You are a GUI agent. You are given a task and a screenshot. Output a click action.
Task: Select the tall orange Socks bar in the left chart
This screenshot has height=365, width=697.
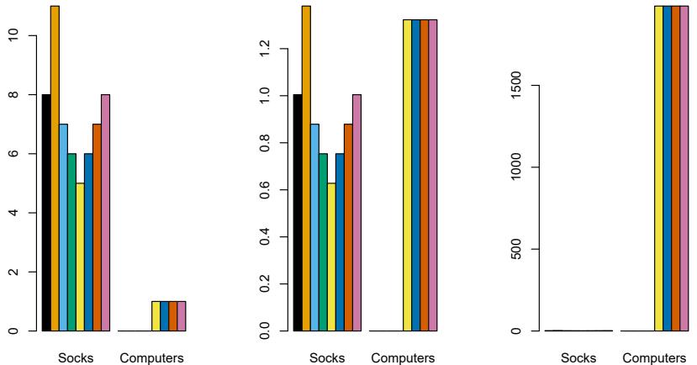55,168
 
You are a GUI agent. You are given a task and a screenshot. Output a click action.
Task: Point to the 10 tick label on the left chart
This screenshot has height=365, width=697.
11,36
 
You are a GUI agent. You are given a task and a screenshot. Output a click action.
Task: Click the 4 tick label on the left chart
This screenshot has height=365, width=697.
11,213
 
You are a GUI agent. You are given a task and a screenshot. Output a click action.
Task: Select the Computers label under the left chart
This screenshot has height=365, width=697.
152,358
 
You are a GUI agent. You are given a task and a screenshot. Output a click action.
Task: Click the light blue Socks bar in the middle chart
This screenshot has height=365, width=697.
315,227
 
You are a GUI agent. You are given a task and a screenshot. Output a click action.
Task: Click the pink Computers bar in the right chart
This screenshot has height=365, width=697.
685,168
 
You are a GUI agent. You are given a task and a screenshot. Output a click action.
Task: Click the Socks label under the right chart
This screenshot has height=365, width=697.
579,358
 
